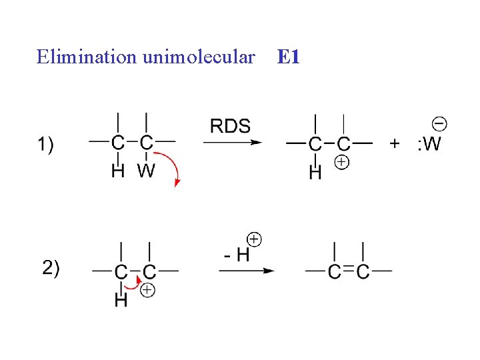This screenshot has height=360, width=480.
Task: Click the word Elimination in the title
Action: (87, 57)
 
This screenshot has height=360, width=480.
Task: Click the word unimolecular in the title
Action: (198, 57)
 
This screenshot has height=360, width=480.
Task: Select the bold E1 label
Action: (287, 57)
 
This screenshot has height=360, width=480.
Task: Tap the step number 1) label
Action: (48, 143)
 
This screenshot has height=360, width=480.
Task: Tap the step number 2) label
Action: (51, 268)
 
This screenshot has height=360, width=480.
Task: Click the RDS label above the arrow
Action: (230, 126)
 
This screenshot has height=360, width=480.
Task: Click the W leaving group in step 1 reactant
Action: (146, 171)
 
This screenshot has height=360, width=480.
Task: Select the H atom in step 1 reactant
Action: (117, 171)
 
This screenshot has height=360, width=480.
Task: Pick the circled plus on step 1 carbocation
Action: (341, 162)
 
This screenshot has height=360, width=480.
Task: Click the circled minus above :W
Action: (439, 123)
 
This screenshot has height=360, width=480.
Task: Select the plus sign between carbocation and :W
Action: (395, 143)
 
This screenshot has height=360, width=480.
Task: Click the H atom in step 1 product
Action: (315, 173)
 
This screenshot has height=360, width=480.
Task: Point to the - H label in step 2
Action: (236, 254)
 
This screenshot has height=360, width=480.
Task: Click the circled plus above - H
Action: (254, 239)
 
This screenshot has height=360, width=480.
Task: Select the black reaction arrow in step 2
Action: (247, 271)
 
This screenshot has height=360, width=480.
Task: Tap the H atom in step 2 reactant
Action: (121, 301)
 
